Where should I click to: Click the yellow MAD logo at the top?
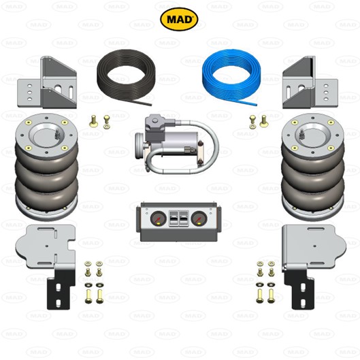(179, 19)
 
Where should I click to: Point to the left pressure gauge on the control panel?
(158, 218)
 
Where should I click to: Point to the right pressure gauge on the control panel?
(199, 218)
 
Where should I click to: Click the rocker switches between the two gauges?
(178, 218)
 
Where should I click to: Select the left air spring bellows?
(47, 167)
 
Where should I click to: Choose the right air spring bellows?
(313, 167)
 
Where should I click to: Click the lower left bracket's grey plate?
(45, 246)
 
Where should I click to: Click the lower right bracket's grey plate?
(314, 246)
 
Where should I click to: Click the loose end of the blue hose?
(256, 105)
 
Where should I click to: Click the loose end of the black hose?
(150, 105)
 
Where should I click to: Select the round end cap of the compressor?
(140, 146)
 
